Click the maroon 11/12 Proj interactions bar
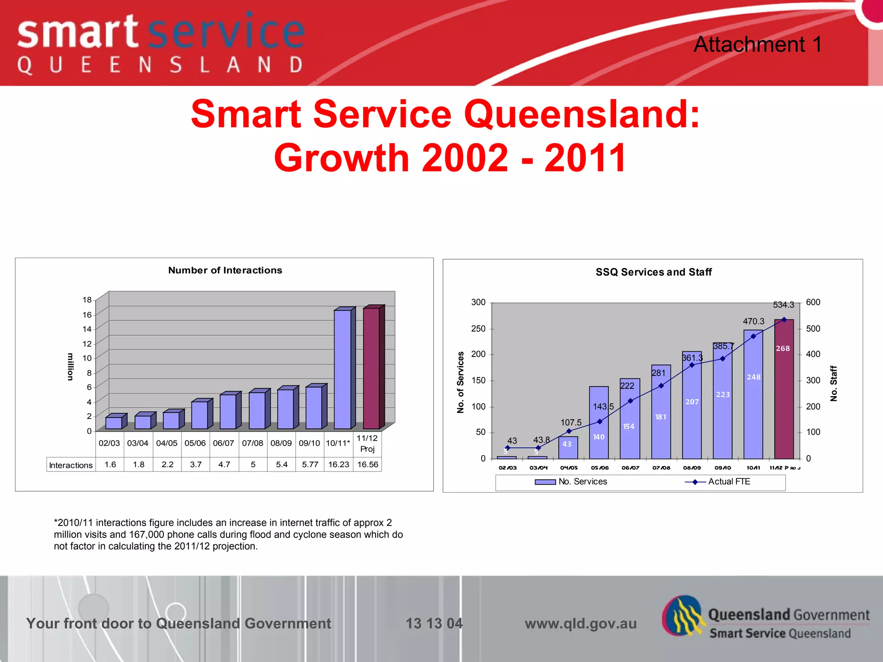click(371, 368)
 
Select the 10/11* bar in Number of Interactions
click(343, 369)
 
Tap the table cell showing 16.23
click(338, 465)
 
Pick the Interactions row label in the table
click(71, 465)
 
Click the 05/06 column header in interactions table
click(195, 443)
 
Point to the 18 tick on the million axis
click(87, 300)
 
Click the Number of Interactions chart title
click(225, 270)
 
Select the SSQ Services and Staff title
click(654, 272)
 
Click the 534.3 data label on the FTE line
click(783, 305)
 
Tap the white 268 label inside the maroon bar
click(783, 348)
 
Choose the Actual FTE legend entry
click(729, 481)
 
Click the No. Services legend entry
click(582, 481)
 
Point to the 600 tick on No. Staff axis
click(813, 302)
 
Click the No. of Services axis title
click(460, 382)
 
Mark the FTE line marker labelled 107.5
click(569, 431)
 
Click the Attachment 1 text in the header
click(758, 44)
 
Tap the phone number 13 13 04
click(434, 623)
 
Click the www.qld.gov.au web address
click(580, 623)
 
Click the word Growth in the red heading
click(343, 158)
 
